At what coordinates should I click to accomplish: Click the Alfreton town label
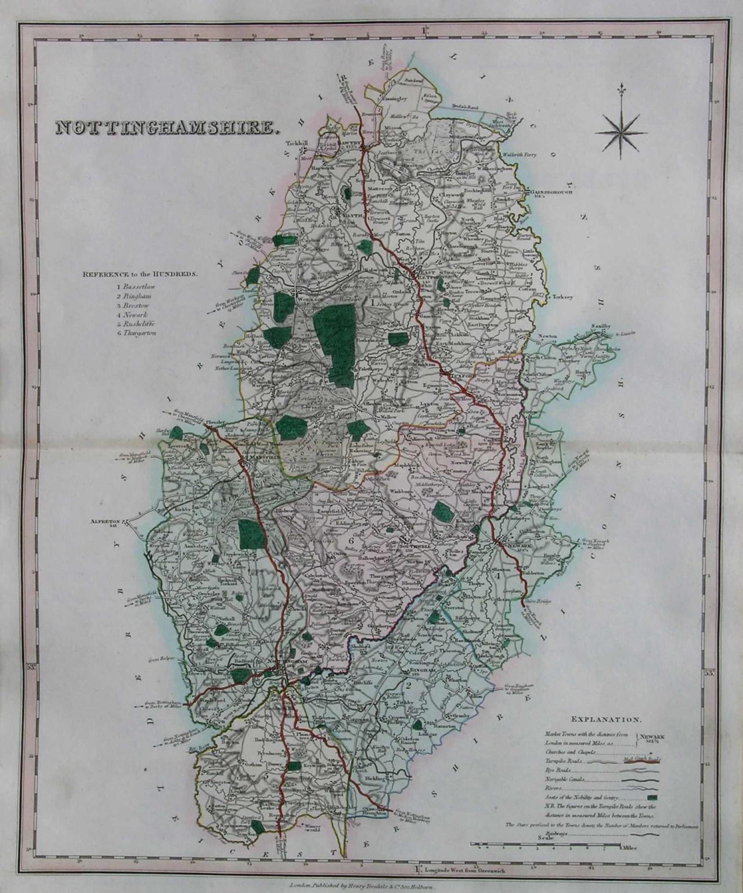coord(104,521)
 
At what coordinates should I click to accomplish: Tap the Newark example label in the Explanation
coord(652,736)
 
